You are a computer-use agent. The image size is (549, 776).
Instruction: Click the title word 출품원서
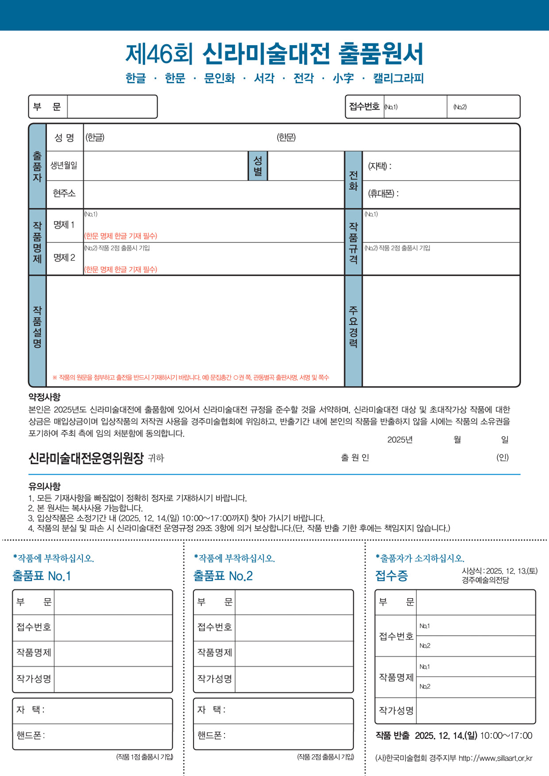(x=381, y=54)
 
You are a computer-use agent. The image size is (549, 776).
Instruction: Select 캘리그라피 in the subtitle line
(x=398, y=78)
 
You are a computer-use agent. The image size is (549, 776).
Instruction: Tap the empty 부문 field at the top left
(x=112, y=107)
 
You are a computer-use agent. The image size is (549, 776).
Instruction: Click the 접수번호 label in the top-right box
(x=364, y=107)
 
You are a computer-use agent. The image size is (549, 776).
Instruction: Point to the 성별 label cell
(x=258, y=165)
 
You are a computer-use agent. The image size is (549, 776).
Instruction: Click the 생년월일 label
(x=64, y=165)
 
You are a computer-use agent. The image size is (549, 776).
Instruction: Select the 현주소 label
(x=64, y=193)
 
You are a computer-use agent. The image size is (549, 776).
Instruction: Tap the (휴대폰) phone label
(x=383, y=194)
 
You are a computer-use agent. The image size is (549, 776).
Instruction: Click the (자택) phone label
(x=379, y=166)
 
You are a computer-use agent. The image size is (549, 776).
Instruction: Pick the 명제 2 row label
(x=64, y=258)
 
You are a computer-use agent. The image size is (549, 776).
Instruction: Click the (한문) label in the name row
(x=286, y=138)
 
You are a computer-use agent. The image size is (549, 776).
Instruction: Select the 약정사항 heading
(x=44, y=397)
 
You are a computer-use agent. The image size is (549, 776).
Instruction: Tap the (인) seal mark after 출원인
(x=503, y=457)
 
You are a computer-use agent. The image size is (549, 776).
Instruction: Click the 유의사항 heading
(x=44, y=486)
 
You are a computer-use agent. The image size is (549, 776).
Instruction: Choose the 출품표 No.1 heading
(x=42, y=576)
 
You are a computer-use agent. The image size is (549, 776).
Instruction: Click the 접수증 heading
(x=391, y=576)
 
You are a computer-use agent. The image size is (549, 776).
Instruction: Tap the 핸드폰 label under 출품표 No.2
(x=211, y=736)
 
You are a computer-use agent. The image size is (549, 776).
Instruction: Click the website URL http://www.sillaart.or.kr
(x=495, y=758)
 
